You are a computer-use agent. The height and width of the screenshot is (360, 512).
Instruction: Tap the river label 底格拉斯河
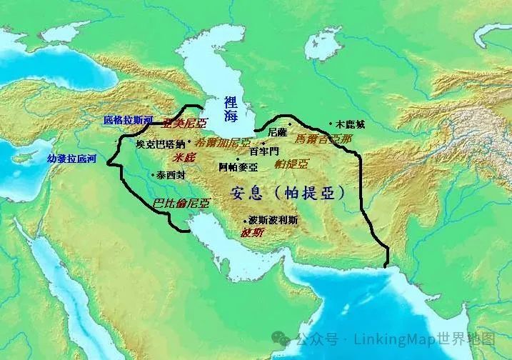(128, 120)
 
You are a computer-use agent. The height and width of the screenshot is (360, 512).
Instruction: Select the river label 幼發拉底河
(71, 158)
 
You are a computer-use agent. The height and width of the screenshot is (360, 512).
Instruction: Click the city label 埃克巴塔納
(161, 144)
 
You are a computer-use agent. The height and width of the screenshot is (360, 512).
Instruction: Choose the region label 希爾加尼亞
(223, 142)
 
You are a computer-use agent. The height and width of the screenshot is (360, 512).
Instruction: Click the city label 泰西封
(171, 174)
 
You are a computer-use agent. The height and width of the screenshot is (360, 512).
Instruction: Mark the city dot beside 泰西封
(153, 174)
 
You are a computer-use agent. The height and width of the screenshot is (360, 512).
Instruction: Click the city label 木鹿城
(351, 124)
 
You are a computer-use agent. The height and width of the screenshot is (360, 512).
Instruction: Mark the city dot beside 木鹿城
(331, 124)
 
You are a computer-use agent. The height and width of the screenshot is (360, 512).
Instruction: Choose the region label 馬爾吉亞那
(323, 139)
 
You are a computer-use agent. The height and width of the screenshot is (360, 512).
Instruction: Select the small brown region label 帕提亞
(291, 164)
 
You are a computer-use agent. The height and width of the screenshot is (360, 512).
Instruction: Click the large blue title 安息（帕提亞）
(290, 192)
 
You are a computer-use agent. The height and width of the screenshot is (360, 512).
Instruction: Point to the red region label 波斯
(252, 233)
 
